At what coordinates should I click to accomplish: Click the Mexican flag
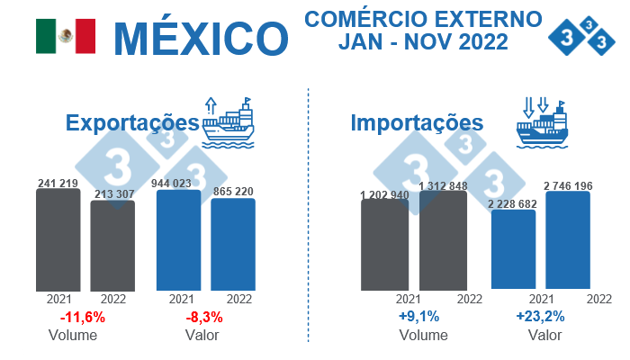click(65, 35)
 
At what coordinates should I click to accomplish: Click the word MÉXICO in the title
click(201, 37)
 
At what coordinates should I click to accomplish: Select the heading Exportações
click(131, 123)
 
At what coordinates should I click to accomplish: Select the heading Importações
click(417, 122)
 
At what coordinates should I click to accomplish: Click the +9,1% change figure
click(418, 317)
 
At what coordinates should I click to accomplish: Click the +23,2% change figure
click(541, 317)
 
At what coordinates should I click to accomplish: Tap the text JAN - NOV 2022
click(423, 41)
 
